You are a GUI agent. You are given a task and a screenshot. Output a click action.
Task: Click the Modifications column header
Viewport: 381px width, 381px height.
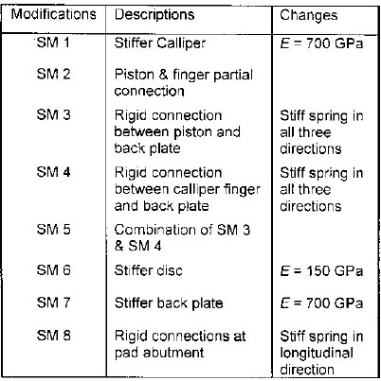[x=54, y=14]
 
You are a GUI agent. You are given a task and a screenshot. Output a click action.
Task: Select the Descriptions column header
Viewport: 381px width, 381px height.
[x=154, y=15]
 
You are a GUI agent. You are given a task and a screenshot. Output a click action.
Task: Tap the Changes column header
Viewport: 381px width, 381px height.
[x=309, y=15]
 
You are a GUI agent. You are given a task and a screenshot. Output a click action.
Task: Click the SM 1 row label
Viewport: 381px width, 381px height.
[x=53, y=43]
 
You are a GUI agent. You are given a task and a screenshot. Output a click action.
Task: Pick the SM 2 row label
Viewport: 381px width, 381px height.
[x=53, y=74]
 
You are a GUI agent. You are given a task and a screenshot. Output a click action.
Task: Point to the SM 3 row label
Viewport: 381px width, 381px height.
[x=53, y=114]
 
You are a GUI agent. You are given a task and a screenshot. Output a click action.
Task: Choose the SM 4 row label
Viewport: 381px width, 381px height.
[x=53, y=172]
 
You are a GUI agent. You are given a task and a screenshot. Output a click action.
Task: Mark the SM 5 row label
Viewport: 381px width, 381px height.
[x=53, y=229]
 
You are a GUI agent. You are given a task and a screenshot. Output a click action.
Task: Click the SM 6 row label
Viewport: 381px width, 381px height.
[x=53, y=270]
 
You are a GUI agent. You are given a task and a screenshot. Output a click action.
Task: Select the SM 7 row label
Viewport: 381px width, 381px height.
[x=53, y=303]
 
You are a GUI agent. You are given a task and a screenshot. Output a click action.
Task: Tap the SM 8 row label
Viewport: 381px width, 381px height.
[x=53, y=336]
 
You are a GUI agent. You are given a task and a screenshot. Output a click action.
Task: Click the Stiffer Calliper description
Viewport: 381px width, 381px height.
[x=160, y=43]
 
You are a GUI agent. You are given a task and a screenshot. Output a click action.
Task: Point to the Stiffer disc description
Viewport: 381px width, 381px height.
[x=149, y=270]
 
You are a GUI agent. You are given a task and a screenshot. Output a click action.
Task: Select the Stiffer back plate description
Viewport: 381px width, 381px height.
[x=169, y=303]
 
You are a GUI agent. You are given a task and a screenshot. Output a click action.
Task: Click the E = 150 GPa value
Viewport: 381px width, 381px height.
[x=321, y=271]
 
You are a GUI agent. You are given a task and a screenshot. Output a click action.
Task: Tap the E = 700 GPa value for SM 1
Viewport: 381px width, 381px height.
[x=321, y=43]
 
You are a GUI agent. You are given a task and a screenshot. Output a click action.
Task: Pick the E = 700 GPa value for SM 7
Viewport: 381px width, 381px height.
[x=321, y=303]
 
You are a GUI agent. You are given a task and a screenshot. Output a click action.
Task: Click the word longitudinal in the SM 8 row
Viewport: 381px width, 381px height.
[x=317, y=354]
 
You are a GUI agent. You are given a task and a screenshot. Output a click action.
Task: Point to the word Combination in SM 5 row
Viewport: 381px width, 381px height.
[x=159, y=230]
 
